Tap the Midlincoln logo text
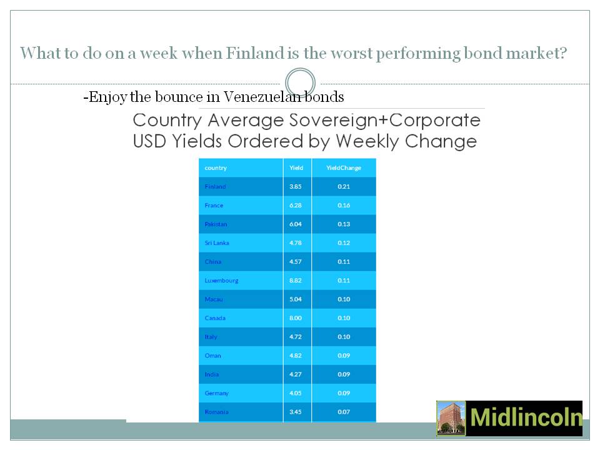[x=526, y=417]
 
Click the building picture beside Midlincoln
[x=451, y=418]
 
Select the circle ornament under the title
[x=301, y=82]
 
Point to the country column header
[x=216, y=168]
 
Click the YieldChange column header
[x=344, y=168]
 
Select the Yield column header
[x=296, y=168]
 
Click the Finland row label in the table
[x=215, y=187]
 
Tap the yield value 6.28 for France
[x=296, y=206]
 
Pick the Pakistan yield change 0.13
[x=344, y=224]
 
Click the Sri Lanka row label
[x=217, y=243]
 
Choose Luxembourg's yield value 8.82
[x=296, y=281]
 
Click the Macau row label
[x=214, y=299]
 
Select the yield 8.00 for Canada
[x=296, y=318]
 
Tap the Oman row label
[x=212, y=356]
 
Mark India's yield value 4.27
[x=296, y=374]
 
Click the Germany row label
[x=217, y=393]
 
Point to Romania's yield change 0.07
[x=344, y=412]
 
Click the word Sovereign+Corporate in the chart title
[x=384, y=120]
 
